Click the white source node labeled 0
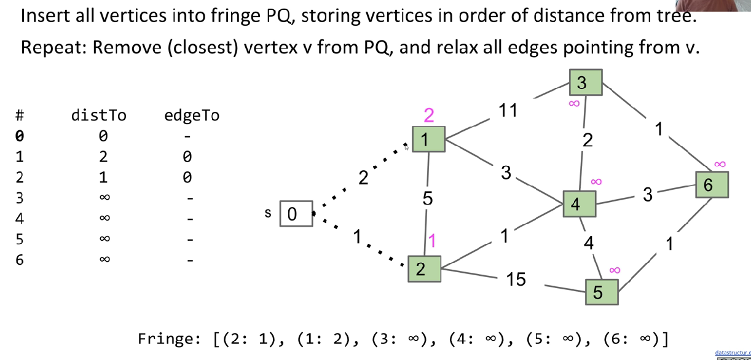tap(296, 214)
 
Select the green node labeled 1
tap(428, 139)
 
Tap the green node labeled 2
tap(424, 269)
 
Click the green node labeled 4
tap(579, 204)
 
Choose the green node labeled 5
tap(601, 292)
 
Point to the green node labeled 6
tap(712, 184)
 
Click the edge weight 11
tap(508, 111)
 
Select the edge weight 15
tap(516, 280)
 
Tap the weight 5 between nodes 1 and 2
tap(428, 198)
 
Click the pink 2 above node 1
tap(429, 115)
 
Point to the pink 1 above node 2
tap(431, 241)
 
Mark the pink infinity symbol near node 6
tap(720, 164)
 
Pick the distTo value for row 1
tap(104, 157)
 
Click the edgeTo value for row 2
tap(187, 178)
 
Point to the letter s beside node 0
tap(268, 213)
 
